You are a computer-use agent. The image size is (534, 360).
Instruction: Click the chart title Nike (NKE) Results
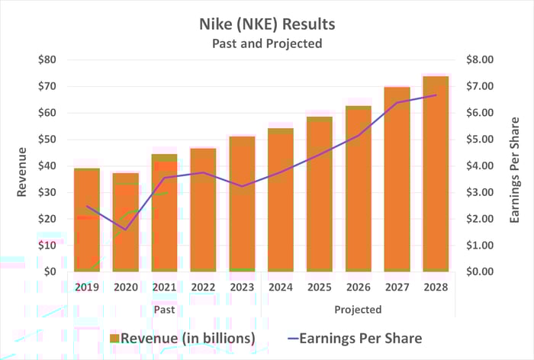pos(267,24)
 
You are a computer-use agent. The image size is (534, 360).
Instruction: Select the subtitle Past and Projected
pos(267,43)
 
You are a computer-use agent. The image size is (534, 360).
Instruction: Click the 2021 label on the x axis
pos(164,288)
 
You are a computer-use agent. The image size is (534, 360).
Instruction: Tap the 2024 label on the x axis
pos(281,288)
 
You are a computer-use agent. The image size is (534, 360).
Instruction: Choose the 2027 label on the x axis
pos(397,288)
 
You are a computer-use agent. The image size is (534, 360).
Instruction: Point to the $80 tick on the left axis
pos(47,60)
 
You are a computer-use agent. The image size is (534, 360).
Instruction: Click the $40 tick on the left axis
pos(47,166)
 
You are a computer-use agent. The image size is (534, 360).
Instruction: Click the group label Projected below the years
pos(358,310)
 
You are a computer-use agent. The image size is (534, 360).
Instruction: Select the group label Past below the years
pos(164,310)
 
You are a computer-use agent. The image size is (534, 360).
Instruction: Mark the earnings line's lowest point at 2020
pos(125,230)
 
